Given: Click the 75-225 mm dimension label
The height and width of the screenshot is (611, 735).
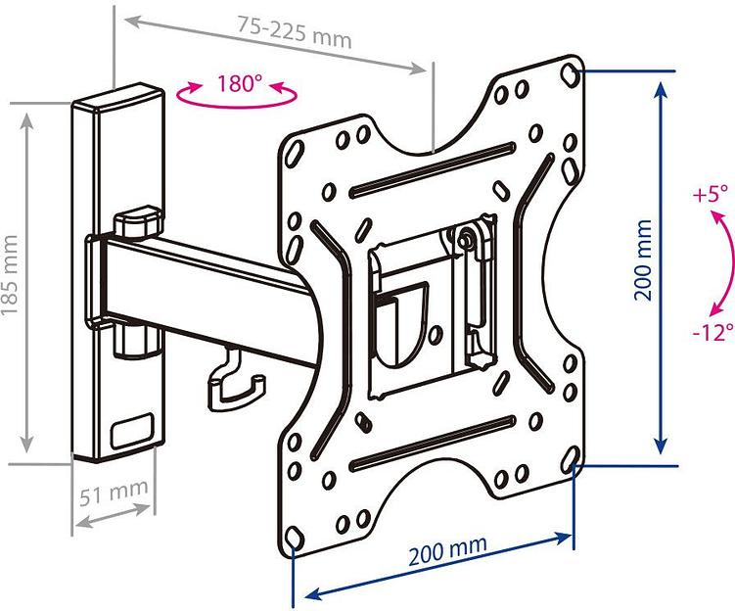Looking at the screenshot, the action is (295, 32).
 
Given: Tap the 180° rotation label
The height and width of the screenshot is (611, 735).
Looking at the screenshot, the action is (240, 83).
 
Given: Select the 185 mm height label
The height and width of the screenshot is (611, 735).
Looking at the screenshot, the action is (11, 275).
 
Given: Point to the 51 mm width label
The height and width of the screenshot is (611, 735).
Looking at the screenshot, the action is (114, 492).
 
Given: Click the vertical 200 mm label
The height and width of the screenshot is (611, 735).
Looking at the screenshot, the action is (643, 259).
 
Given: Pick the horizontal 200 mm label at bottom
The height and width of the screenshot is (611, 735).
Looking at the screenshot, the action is (447, 551).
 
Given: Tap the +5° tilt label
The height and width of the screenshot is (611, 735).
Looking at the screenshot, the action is (711, 193).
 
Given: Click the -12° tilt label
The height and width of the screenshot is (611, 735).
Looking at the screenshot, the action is (712, 333).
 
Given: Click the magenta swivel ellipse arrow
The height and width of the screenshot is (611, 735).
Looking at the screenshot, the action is (237, 95).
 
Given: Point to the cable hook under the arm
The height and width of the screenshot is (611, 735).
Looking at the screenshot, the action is (236, 378).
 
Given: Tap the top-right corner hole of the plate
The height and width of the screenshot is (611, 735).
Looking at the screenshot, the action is (570, 74).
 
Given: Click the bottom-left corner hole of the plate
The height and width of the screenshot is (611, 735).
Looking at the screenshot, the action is (294, 536).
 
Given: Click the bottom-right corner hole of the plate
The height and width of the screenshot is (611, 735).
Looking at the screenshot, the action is (571, 456).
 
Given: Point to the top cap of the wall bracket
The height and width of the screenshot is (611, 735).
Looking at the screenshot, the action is (117, 98).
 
